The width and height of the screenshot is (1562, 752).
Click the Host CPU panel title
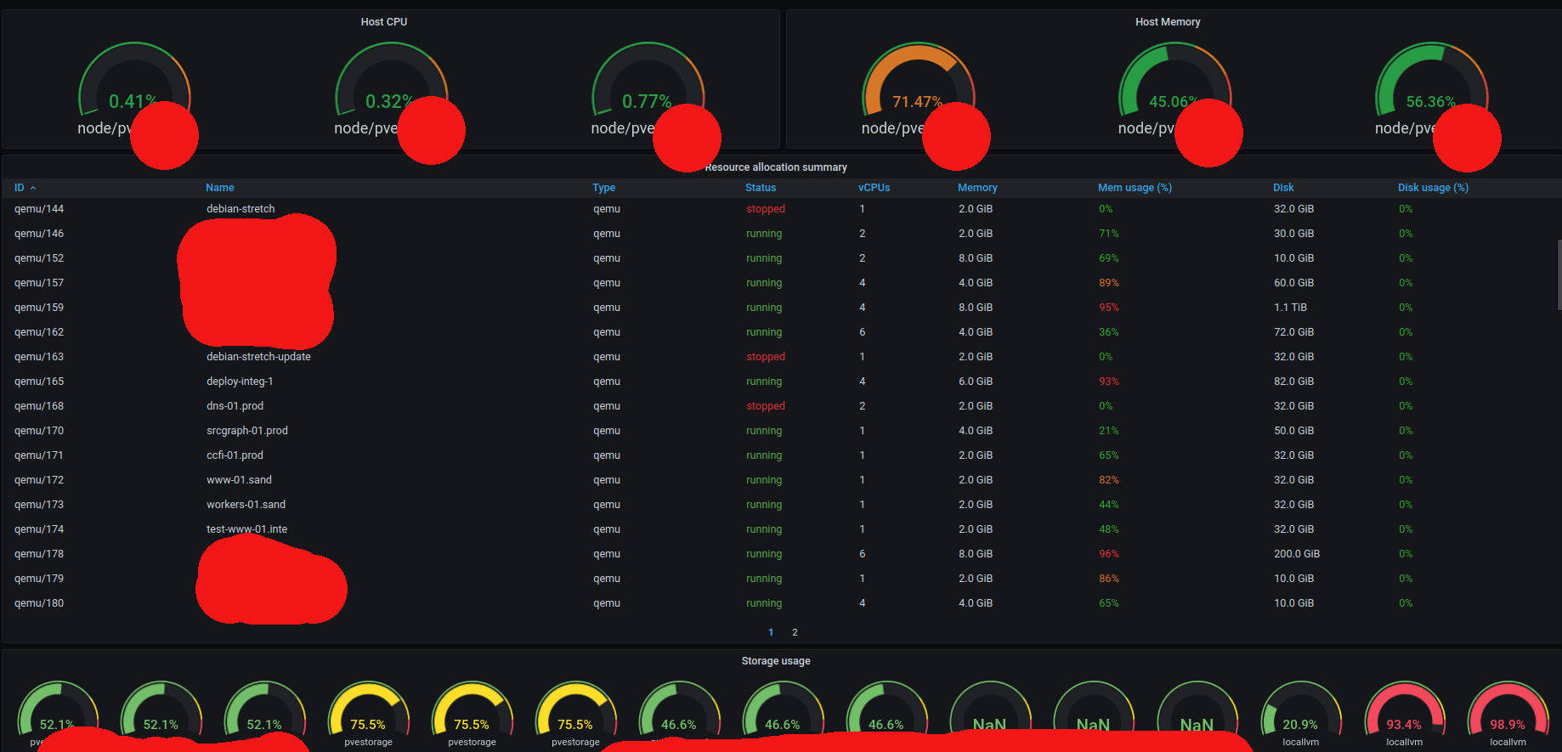(384, 22)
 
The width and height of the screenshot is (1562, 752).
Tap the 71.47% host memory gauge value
(916, 102)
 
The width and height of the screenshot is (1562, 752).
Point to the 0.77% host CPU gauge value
(646, 102)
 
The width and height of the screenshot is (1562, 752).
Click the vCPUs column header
(874, 188)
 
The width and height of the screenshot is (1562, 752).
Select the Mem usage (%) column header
(1135, 188)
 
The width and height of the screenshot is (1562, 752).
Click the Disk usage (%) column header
(1433, 188)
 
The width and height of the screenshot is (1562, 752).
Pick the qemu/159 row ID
(39, 308)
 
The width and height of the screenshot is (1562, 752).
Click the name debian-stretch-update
(258, 357)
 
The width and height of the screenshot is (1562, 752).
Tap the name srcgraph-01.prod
(247, 431)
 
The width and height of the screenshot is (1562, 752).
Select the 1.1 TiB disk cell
(1290, 308)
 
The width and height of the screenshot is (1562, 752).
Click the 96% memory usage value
(1109, 554)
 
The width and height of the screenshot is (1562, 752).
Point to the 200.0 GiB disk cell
(1297, 554)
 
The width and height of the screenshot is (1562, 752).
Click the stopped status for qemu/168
(766, 406)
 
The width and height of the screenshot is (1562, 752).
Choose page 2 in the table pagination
(795, 632)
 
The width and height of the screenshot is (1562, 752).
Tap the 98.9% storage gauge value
(1508, 725)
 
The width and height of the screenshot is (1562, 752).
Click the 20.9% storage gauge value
(1300, 725)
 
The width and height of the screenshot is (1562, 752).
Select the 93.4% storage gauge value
(1404, 725)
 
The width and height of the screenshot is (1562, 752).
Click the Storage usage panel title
(776, 661)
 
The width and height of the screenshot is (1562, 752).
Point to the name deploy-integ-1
(240, 382)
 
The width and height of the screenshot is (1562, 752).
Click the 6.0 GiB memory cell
(976, 382)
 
